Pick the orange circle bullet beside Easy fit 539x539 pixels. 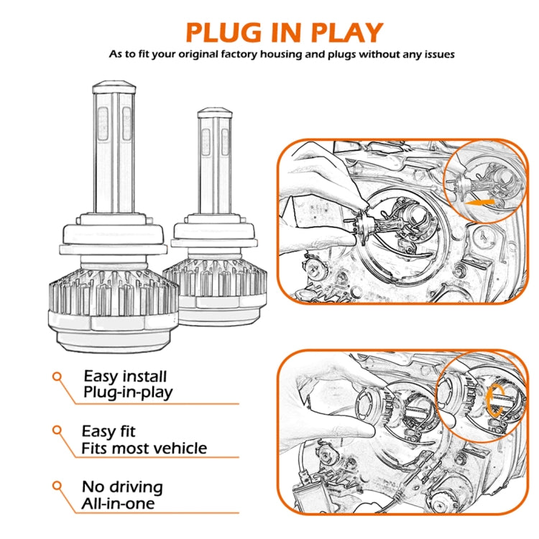coord(56,431)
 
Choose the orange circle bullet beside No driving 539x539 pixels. coord(56,486)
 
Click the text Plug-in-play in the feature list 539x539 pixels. coord(128,392)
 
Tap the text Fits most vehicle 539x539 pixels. coord(144,448)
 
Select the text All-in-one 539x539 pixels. coord(119,503)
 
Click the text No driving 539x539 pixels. coord(121,487)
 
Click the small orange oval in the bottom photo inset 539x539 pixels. coord(494,400)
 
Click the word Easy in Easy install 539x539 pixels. coord(100,376)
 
